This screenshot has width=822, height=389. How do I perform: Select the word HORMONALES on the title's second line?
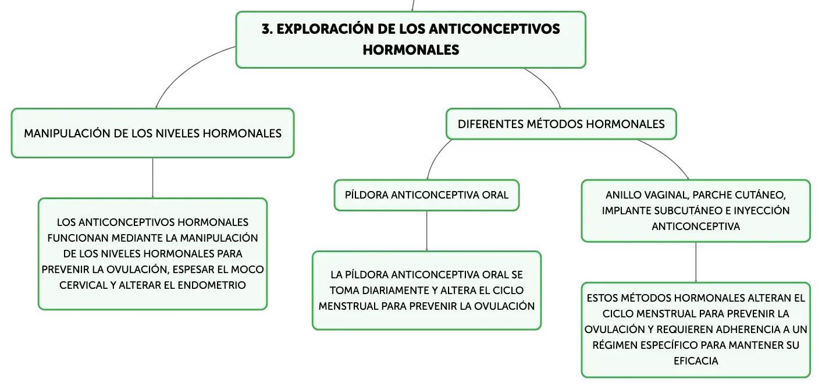411,50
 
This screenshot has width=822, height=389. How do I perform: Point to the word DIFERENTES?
490,124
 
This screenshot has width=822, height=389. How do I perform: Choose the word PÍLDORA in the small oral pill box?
366,194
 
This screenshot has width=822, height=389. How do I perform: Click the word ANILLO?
623,194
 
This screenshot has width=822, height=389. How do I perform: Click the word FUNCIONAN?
77,238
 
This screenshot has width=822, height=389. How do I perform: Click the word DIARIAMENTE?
398,290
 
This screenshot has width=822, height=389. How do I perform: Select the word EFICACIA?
696,360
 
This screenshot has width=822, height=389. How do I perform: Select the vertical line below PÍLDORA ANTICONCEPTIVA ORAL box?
427,231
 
